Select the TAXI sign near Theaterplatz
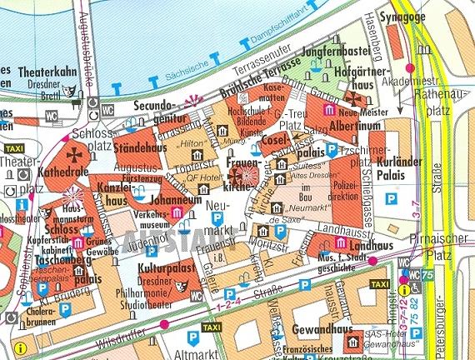(x=14, y=147)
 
